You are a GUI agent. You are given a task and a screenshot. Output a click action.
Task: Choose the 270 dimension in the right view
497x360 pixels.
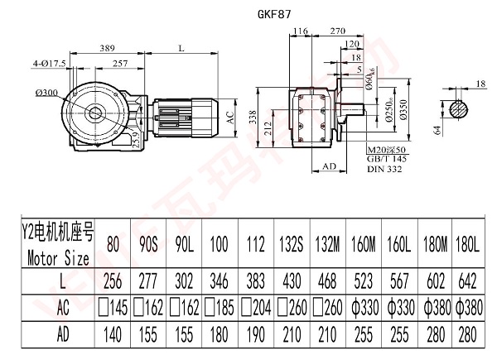pyautogui.click(x=337, y=31)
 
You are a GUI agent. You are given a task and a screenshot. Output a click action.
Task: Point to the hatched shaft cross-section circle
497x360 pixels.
pyautogui.click(x=462, y=108)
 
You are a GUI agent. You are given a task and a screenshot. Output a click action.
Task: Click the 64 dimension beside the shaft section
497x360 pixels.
pyautogui.click(x=436, y=128)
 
